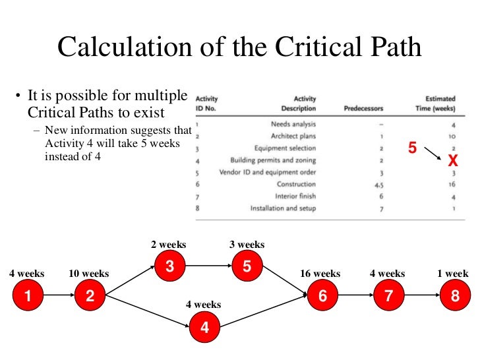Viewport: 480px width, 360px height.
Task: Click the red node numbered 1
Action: point(27,297)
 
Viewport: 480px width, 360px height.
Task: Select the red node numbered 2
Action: point(90,297)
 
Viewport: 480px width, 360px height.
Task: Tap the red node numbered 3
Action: point(170,267)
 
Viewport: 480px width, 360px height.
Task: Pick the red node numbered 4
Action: point(204,326)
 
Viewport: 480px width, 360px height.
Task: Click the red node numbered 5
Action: point(247,267)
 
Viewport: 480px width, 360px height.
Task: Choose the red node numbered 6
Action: point(322,297)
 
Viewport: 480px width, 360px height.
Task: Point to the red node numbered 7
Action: point(389,297)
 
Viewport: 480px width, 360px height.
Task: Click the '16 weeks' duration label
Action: point(320,274)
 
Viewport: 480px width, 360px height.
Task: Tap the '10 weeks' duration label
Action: point(89,274)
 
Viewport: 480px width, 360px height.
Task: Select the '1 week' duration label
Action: point(453,274)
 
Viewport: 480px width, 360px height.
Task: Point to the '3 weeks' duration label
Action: point(247,245)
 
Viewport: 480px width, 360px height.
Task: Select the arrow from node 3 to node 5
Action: point(208,267)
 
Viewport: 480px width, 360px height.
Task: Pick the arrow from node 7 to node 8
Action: point(422,297)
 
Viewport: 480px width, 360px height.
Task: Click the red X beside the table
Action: point(452,161)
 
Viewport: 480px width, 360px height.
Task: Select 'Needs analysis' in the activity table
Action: point(293,124)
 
